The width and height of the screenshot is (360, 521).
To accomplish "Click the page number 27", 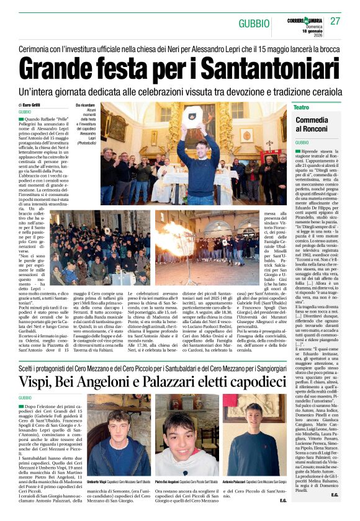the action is [x=335, y=21].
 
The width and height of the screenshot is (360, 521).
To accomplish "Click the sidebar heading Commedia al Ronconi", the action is [x=312, y=123].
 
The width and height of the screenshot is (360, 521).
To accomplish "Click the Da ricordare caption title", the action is [x=86, y=106].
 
